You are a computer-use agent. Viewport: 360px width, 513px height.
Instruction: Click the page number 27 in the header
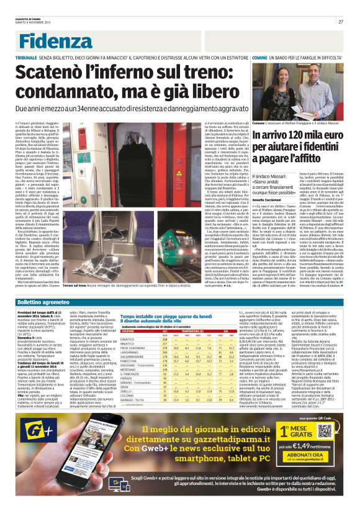[341, 22]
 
